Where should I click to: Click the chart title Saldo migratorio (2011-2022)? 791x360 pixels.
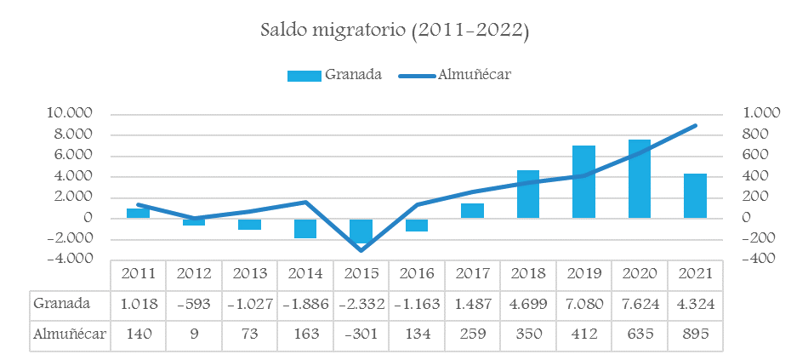395,31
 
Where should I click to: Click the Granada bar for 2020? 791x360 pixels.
640,179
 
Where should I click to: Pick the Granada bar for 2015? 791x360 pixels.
361,231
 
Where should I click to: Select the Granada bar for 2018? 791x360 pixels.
528,194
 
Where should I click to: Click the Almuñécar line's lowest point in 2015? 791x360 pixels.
361,250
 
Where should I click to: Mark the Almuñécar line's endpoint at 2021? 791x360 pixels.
696,125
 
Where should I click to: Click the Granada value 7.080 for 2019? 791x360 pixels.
583,303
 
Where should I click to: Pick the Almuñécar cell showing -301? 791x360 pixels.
361,334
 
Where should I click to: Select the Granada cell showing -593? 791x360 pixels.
193,303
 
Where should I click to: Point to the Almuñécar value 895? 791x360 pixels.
695,334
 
